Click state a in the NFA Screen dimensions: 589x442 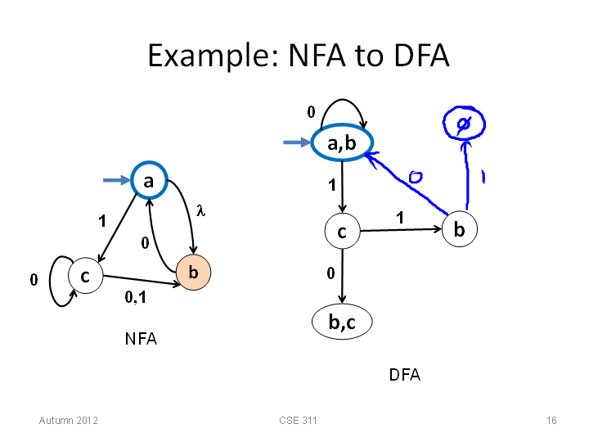pyautogui.click(x=149, y=180)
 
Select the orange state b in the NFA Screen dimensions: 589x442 pyautogui.click(x=193, y=273)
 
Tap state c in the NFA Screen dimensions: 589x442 pyautogui.click(x=86, y=276)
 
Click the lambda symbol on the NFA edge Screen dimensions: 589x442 pyautogui.click(x=201, y=210)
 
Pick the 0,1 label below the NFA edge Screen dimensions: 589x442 pyautogui.click(x=135, y=297)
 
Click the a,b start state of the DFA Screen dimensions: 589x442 pyautogui.click(x=342, y=142)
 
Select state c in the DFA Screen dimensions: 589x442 pyautogui.click(x=342, y=231)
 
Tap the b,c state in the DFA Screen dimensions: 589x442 pyautogui.click(x=342, y=322)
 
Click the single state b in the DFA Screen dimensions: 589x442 pyautogui.click(x=460, y=229)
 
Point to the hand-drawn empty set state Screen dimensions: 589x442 pyautogui.click(x=464, y=124)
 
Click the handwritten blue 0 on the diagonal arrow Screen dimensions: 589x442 pyautogui.click(x=416, y=177)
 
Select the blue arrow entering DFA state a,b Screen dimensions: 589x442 pyautogui.click(x=297, y=142)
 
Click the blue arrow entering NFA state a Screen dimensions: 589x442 pyautogui.click(x=116, y=180)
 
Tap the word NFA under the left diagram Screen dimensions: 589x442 pyautogui.click(x=141, y=339)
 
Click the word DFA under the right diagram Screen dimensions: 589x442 pyautogui.click(x=405, y=375)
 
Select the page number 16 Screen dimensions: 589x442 pyautogui.click(x=551, y=420)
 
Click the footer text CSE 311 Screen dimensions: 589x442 pyautogui.click(x=298, y=420)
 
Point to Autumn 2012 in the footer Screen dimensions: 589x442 pyautogui.click(x=69, y=420)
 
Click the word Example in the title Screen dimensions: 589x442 pyautogui.click(x=214, y=56)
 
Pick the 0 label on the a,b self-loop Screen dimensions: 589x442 pyautogui.click(x=311, y=112)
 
